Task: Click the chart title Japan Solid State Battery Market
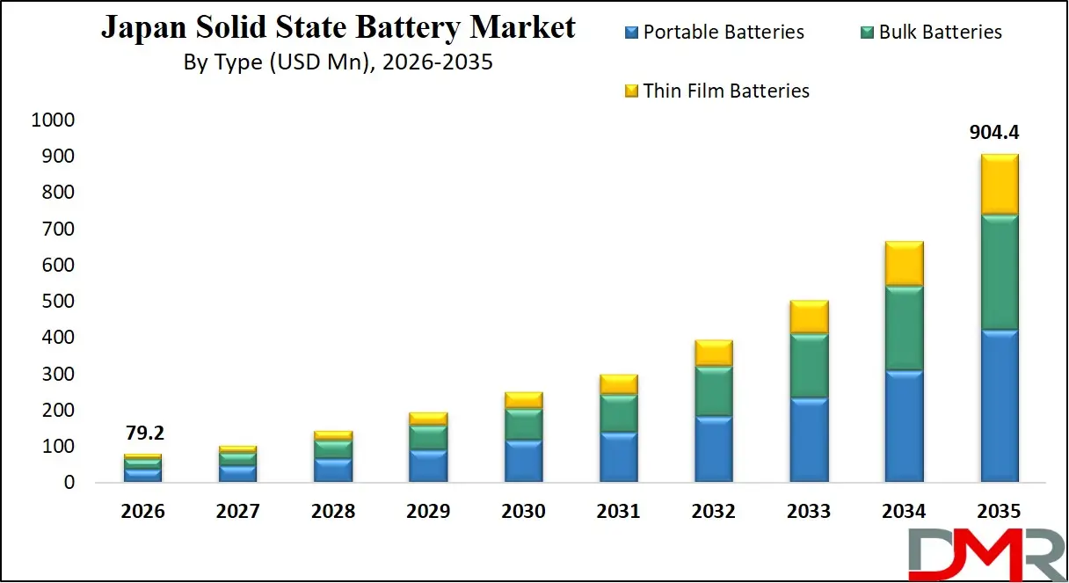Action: click(x=338, y=27)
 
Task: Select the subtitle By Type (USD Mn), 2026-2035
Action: click(x=338, y=62)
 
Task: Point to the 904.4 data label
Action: click(x=993, y=133)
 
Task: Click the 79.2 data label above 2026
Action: click(x=143, y=434)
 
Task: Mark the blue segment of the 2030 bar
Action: click(x=523, y=461)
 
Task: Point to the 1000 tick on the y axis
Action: click(x=54, y=120)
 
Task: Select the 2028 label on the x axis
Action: click(x=333, y=512)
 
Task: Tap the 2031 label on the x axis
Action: click(x=618, y=512)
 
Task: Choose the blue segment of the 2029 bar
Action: click(x=428, y=466)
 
